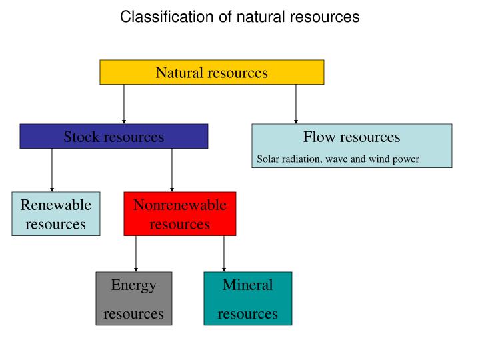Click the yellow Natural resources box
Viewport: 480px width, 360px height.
tap(211, 72)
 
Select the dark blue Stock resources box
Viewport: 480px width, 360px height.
tap(113, 136)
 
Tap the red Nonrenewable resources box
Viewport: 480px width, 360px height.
tap(179, 214)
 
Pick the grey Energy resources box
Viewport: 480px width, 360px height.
tap(133, 298)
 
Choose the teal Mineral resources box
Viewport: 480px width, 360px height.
tap(247, 298)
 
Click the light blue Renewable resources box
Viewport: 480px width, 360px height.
tap(56, 214)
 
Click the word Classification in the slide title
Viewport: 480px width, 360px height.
tap(158, 17)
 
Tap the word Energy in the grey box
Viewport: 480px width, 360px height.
tap(133, 285)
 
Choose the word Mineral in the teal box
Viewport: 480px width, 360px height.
tap(247, 285)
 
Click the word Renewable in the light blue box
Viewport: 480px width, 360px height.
tap(56, 205)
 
